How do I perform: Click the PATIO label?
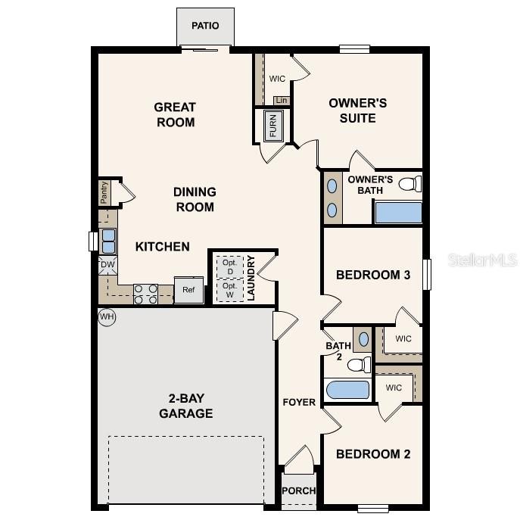pyautogui.click(x=205, y=26)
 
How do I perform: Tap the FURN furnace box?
pyautogui.click(x=273, y=126)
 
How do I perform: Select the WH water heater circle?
pyautogui.click(x=107, y=317)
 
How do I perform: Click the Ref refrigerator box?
pyautogui.click(x=188, y=290)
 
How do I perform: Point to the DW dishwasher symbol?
pyautogui.click(x=107, y=265)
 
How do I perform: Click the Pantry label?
pyautogui.click(x=104, y=192)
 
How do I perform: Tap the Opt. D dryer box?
pyautogui.click(x=229, y=267)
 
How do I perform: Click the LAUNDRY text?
pyautogui.click(x=251, y=278)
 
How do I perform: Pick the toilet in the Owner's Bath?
pyautogui.click(x=409, y=184)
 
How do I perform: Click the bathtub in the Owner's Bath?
pyautogui.click(x=398, y=213)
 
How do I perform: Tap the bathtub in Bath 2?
pyautogui.click(x=347, y=391)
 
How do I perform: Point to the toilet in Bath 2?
pyautogui.click(x=358, y=365)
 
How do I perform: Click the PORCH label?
pyautogui.click(x=299, y=490)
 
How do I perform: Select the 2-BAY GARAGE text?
pyautogui.click(x=185, y=406)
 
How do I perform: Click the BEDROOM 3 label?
pyautogui.click(x=373, y=275)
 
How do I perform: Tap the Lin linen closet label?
pyautogui.click(x=282, y=100)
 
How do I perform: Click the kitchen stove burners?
pyautogui.click(x=145, y=293)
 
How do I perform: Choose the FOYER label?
pyautogui.click(x=299, y=402)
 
